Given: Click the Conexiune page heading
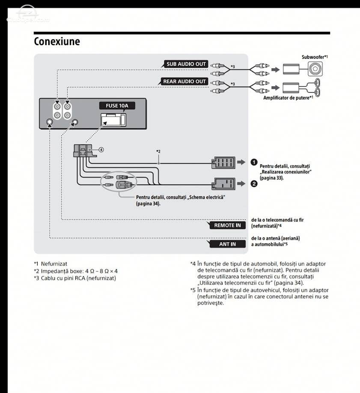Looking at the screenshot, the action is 57,41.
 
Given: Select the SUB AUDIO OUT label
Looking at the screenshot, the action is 186,64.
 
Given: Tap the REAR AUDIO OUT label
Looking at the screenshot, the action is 184,81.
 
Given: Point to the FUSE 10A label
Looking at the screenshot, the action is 117,105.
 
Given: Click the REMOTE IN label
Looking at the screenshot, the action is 227,225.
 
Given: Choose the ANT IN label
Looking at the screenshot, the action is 227,244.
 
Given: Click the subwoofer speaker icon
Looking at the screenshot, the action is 315,69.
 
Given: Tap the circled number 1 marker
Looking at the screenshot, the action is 254,162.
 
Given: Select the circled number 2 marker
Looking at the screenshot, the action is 254,184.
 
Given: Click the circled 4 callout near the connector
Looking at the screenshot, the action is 101,150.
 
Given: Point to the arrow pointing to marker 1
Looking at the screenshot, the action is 241,162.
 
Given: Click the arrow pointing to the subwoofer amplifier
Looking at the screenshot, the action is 275,69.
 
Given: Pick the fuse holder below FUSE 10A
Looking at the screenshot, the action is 113,120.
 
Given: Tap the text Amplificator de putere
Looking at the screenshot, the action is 286,98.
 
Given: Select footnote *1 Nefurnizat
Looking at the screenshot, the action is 51,264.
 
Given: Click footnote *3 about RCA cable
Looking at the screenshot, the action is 75,278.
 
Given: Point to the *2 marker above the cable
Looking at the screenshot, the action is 158,151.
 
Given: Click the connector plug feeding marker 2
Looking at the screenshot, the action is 223,184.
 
